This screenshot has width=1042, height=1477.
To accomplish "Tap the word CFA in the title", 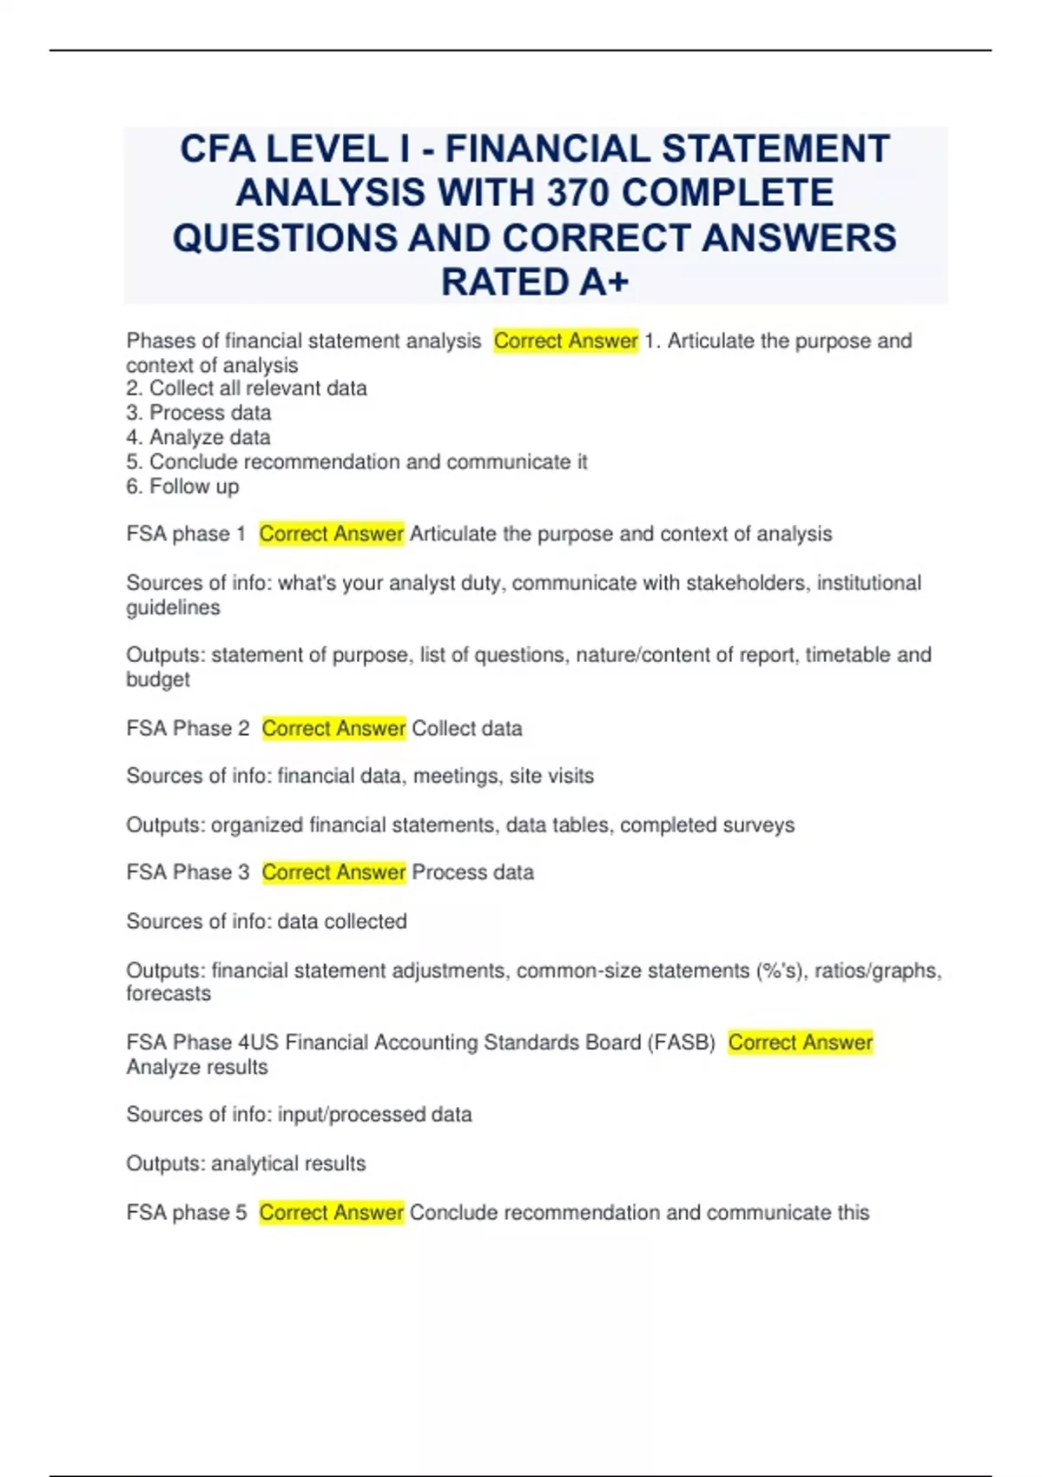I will tap(218, 149).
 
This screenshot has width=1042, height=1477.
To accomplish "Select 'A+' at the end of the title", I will tap(598, 281).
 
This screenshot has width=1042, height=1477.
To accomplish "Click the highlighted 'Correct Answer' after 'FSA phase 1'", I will tap(331, 533).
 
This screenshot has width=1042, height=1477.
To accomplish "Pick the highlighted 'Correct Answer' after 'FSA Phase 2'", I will tap(333, 728).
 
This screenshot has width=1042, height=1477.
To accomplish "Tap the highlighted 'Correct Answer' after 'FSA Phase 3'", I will tap(333, 872).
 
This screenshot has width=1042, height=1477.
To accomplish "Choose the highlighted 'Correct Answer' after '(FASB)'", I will tap(800, 1042).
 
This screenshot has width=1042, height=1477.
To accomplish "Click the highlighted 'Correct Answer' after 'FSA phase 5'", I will tap(331, 1212).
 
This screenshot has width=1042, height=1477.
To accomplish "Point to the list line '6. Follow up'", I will tap(182, 487).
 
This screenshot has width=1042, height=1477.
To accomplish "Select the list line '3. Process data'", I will tap(199, 413).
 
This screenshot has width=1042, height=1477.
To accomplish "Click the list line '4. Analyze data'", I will tap(199, 437).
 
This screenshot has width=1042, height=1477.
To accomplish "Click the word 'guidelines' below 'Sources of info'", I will tap(173, 607).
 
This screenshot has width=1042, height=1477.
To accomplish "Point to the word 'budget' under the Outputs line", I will tap(158, 679).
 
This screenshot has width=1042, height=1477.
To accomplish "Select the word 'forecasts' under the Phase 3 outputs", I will tap(168, 993).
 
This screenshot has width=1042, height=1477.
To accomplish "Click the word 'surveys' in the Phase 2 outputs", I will tap(760, 825).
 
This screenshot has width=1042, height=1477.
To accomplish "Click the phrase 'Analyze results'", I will tap(197, 1067).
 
